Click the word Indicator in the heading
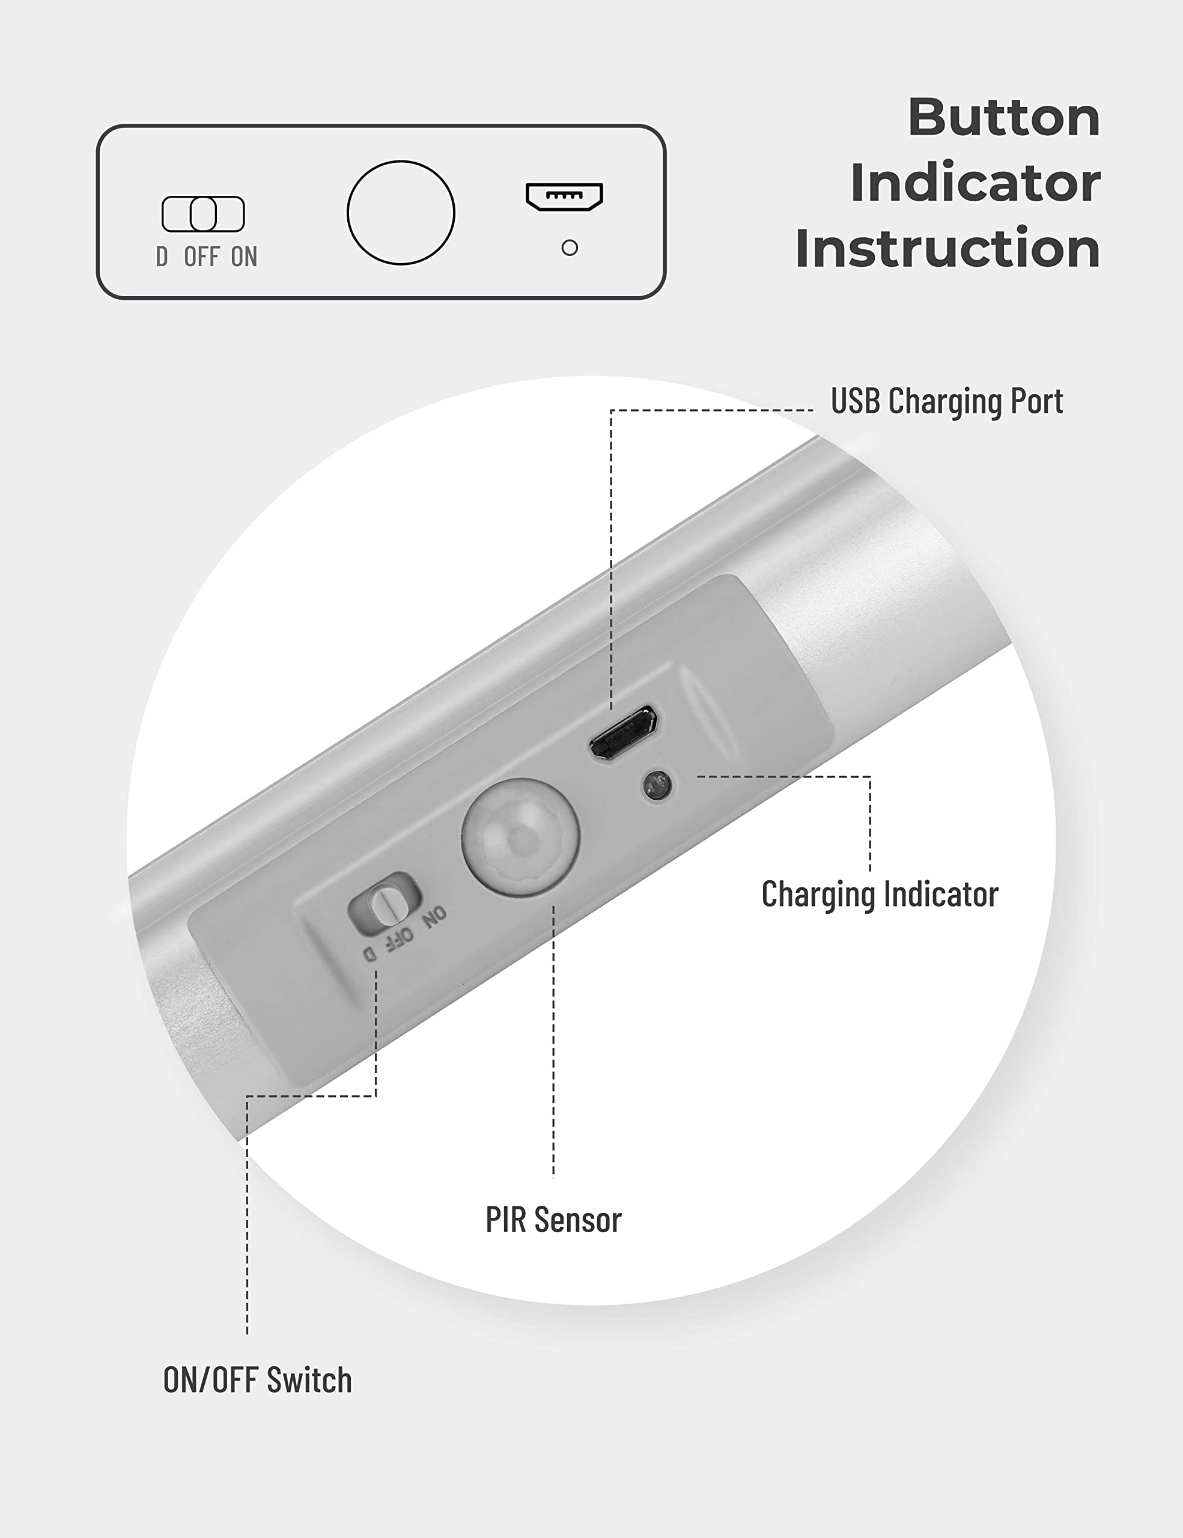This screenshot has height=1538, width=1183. (975, 183)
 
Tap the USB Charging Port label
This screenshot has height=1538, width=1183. (946, 401)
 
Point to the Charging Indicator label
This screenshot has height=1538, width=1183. (880, 895)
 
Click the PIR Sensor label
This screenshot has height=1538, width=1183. (553, 1220)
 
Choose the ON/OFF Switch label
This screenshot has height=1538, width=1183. (257, 1379)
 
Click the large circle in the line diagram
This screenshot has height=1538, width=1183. (401, 213)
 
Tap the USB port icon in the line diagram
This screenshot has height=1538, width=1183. (564, 196)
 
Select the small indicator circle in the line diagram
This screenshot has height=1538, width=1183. (570, 248)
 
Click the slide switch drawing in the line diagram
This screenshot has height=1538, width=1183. (203, 214)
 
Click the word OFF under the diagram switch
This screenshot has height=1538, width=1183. (202, 257)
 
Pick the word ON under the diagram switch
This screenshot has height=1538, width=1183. (244, 257)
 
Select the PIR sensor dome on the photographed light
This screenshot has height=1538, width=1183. (520, 837)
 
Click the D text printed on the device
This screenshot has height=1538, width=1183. (369, 953)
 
